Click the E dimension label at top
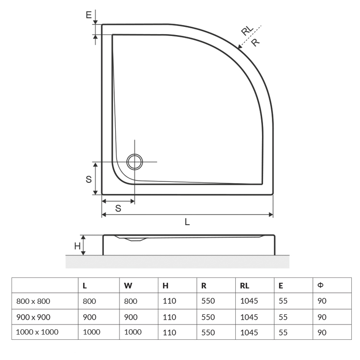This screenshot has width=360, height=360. pos(89,15)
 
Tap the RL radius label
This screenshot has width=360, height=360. pos(247,30)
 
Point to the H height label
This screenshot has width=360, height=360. pos(77,246)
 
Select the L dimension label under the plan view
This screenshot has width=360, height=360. pos(187,222)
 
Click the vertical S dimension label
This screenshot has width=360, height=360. pos(89,180)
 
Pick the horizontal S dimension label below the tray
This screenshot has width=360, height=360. pos(118,208)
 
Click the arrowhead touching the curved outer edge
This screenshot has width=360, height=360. pos(240,47)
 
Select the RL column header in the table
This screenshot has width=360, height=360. pos(244,286)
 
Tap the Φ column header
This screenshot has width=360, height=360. pos(320,285)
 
